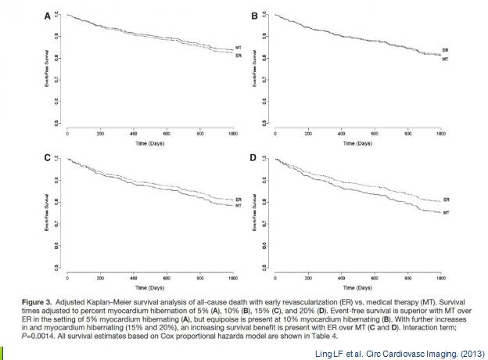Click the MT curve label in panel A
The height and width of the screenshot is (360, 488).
coord(238,49)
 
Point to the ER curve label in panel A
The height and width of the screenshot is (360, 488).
coord(238,56)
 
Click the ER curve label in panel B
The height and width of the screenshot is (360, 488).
coord(445,49)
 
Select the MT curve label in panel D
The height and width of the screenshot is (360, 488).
coord(445,213)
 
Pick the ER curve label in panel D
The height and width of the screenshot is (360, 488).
coord(445,201)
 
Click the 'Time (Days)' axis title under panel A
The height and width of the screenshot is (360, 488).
coord(151,144)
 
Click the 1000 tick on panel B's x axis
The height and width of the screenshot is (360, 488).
coord(440,135)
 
